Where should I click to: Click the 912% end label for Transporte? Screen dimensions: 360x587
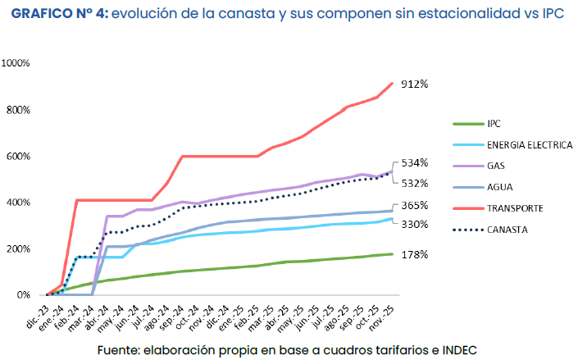pyautogui.click(x=415, y=84)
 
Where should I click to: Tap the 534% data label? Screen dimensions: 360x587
pyautogui.click(x=415, y=163)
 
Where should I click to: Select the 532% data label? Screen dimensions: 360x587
pyautogui.click(x=415, y=183)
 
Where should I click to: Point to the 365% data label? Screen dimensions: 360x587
pyautogui.click(x=415, y=206)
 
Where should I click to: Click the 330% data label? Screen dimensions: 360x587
pyautogui.click(x=415, y=224)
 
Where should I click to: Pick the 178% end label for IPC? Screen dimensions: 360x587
pyautogui.click(x=415, y=255)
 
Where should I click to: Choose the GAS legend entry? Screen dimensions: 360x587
pyautogui.click(x=496, y=166)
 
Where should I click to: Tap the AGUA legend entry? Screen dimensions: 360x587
pyautogui.click(x=499, y=187)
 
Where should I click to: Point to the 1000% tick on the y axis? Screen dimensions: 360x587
pyautogui.click(x=17, y=64)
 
